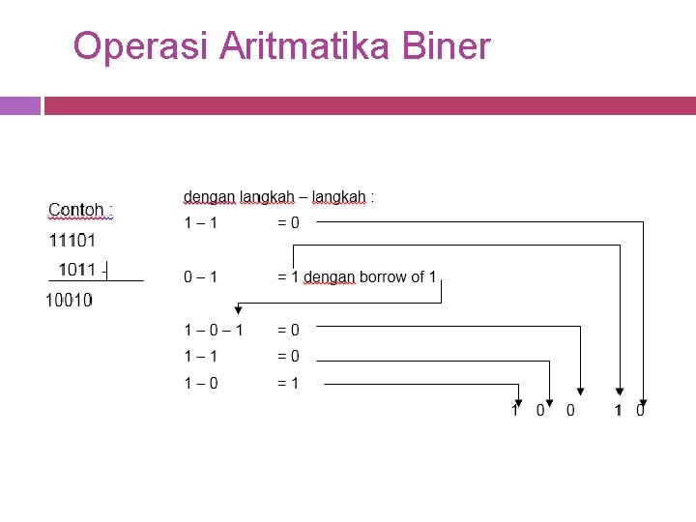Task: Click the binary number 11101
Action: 72,240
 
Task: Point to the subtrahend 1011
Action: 76,270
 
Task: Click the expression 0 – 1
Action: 201,277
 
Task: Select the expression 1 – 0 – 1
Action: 214,331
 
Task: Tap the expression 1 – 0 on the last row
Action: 201,384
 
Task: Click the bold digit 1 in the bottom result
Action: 618,411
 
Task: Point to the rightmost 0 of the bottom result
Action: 641,411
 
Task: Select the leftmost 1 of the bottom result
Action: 515,411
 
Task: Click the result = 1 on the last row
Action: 288,384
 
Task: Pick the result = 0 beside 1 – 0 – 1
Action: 288,331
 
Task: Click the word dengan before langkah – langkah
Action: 208,197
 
